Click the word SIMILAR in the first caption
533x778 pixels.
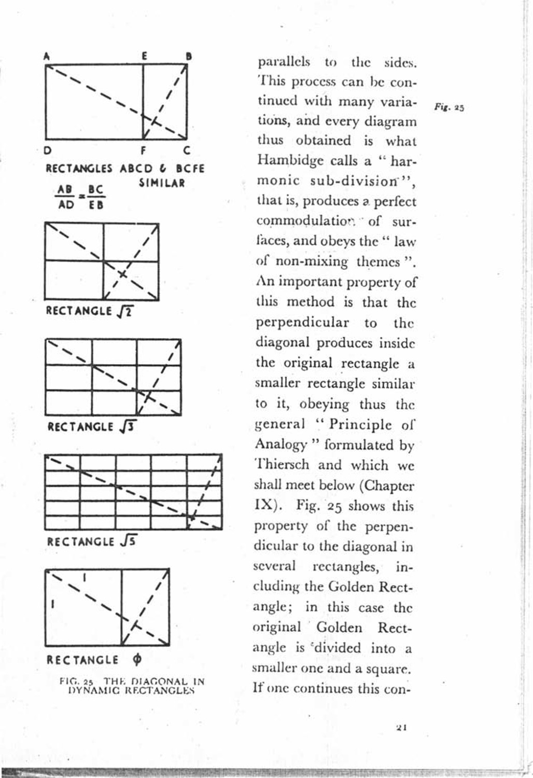click(162, 183)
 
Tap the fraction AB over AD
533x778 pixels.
click(66, 197)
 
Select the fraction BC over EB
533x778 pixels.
click(96, 197)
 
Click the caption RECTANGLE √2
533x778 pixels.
click(90, 311)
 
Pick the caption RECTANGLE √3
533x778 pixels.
click(92, 427)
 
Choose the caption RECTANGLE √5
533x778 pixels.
click(92, 542)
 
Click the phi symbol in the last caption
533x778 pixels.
click(137, 660)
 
